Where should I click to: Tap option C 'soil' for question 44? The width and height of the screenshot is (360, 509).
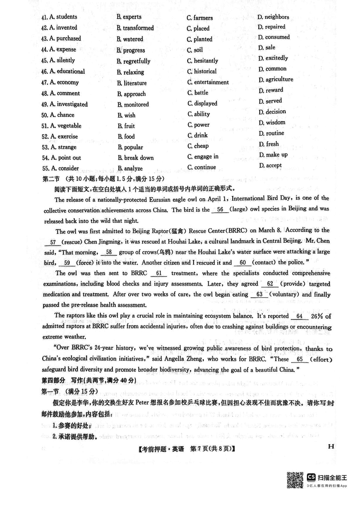click(198, 50)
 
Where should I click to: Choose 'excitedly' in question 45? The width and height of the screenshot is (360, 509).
click(276, 58)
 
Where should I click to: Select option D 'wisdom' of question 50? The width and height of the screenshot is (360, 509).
click(275, 122)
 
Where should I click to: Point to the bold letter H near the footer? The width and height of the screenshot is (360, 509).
click(331, 446)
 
